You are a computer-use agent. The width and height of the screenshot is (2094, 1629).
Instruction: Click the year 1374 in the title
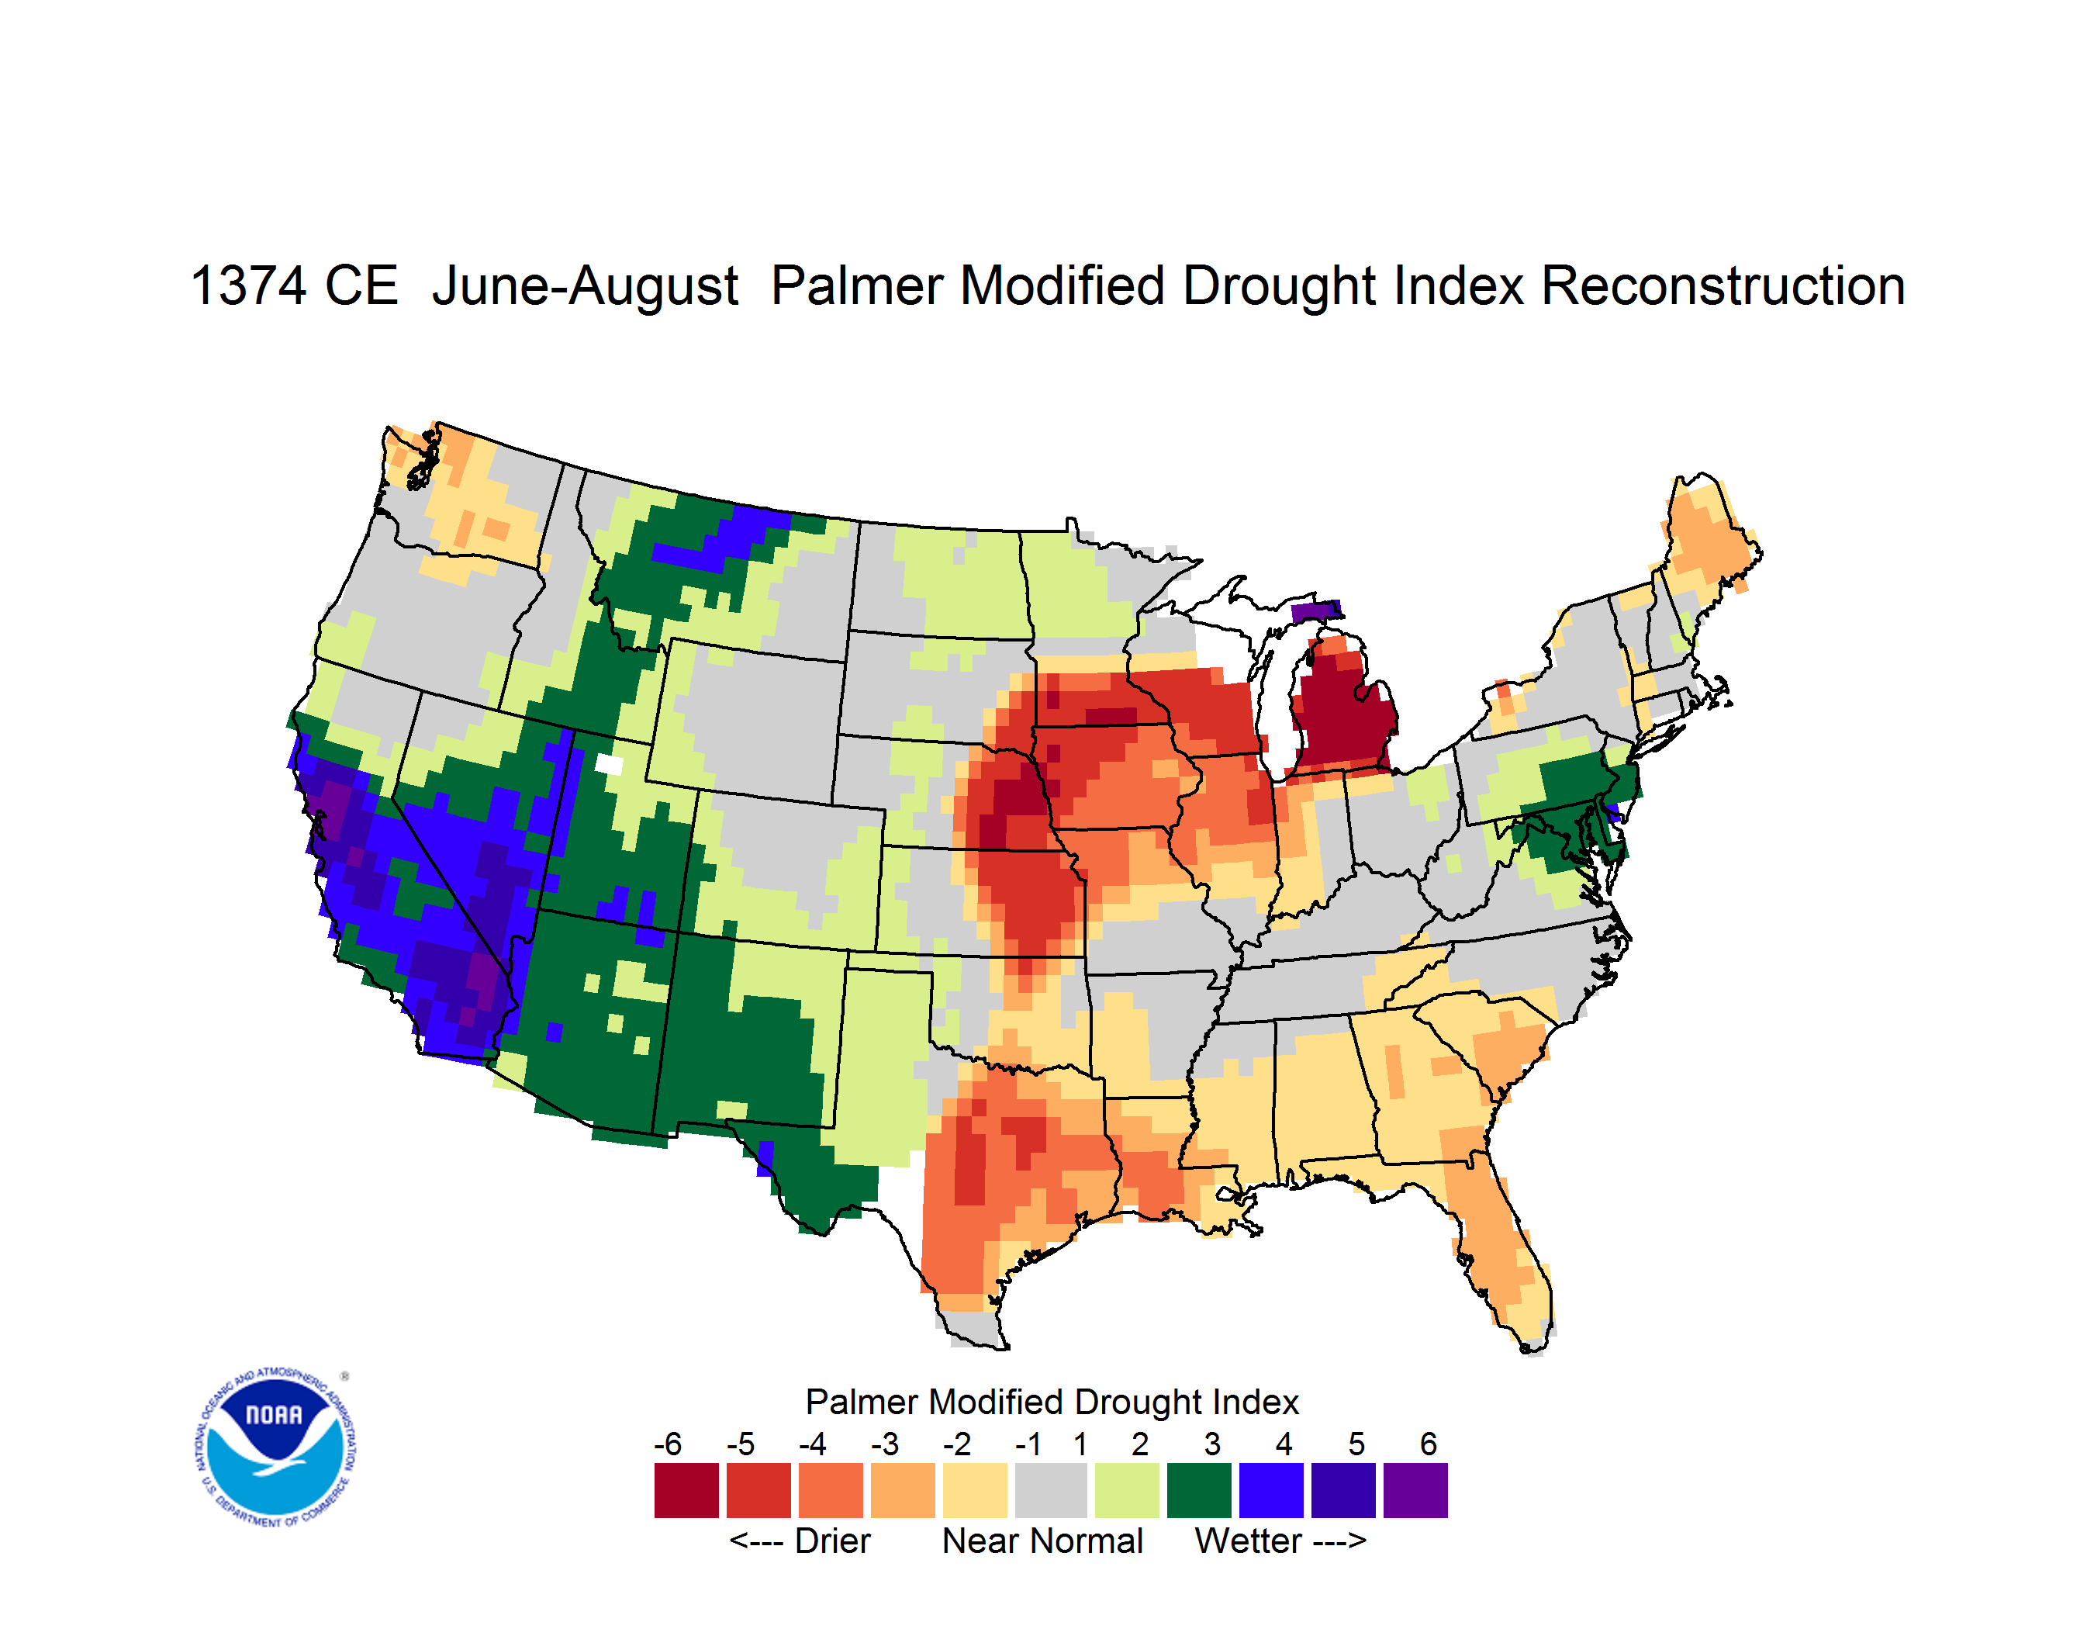point(248,287)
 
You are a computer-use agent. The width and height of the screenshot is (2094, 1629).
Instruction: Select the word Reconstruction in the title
point(1723,287)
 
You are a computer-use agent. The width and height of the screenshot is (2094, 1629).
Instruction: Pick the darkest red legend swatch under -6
point(686,1490)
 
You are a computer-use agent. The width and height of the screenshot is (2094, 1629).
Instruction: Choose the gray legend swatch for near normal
point(1051,1490)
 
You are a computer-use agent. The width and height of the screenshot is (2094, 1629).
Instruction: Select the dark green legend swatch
point(1198,1490)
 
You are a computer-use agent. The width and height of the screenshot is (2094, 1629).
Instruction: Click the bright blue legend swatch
point(1271,1490)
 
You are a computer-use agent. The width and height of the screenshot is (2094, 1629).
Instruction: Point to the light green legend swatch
point(1127,1490)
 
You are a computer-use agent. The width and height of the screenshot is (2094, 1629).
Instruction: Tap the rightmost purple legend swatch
point(1415,1490)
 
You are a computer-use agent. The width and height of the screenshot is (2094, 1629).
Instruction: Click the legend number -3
point(884,1444)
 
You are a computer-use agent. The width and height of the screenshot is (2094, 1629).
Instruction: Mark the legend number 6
point(1429,1444)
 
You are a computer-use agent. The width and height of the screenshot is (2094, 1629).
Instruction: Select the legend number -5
point(740,1444)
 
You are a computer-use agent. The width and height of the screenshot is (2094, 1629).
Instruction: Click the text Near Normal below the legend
point(1042,1541)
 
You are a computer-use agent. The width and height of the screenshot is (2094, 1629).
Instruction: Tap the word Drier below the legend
point(832,1541)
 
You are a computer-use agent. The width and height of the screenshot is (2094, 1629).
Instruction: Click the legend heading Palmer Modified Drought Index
point(1052,1402)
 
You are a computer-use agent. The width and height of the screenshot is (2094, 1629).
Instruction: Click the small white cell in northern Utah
point(609,764)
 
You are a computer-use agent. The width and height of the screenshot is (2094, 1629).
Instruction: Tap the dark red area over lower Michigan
point(1342,714)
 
